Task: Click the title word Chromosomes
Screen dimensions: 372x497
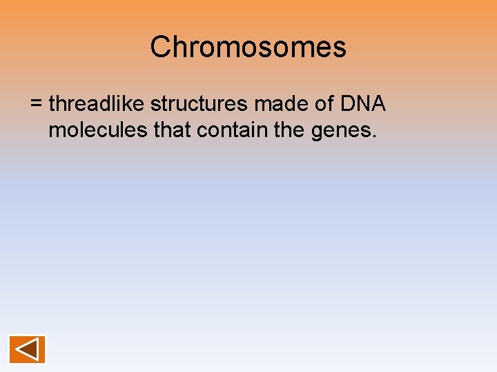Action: pos(248,48)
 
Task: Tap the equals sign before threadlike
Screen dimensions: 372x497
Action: pos(37,105)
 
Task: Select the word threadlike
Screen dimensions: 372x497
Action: pos(97,104)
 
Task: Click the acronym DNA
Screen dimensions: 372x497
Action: pos(362,104)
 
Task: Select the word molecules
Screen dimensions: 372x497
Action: pos(98,130)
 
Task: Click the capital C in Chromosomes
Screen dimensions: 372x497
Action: pos(160,48)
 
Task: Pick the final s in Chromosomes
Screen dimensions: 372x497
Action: pos(340,49)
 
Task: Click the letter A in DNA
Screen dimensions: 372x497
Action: pos(378,104)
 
